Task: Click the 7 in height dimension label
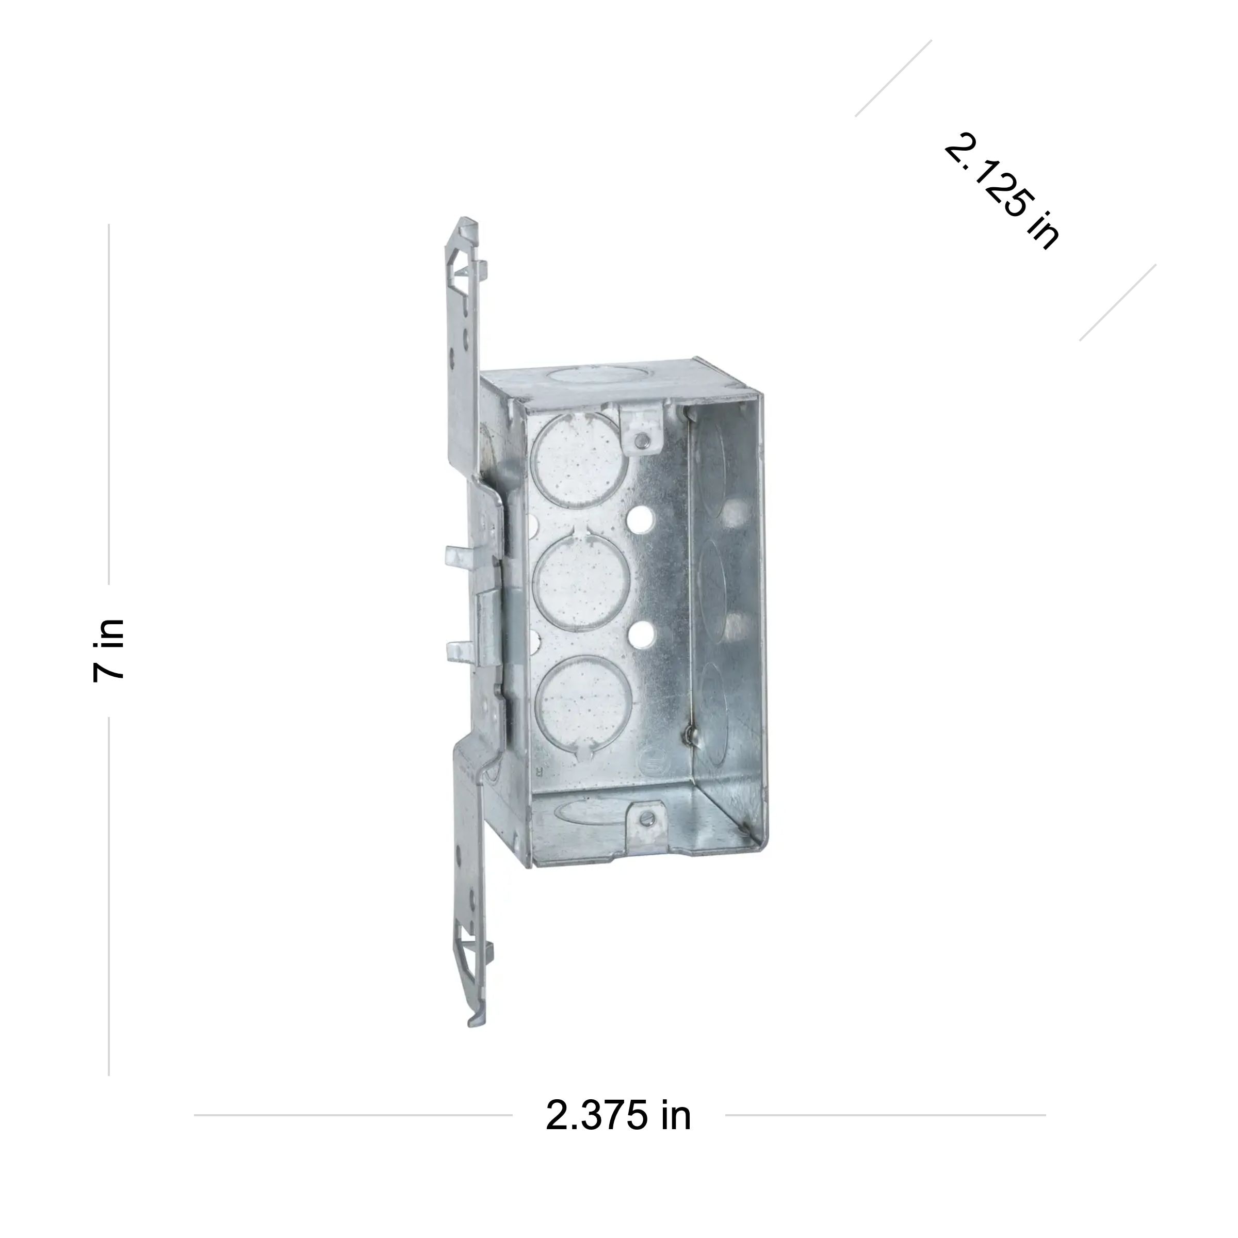click(108, 650)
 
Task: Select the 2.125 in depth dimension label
click(1002, 190)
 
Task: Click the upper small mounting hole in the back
click(640, 518)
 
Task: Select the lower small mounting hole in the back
click(640, 635)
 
